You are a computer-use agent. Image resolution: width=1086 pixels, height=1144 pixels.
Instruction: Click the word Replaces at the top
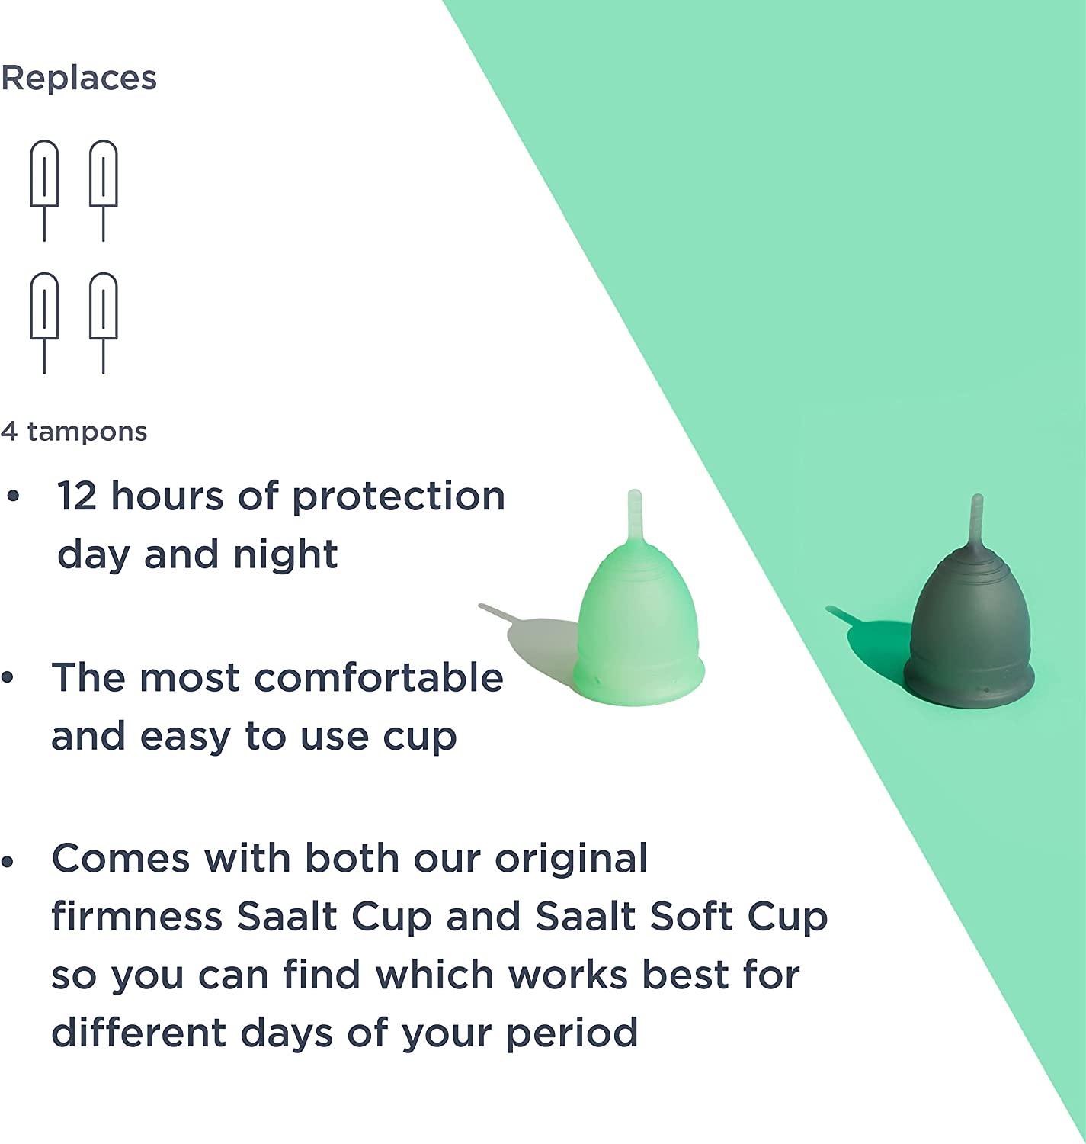pos(79,79)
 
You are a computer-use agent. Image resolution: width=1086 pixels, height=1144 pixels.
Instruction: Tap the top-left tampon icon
pos(45,190)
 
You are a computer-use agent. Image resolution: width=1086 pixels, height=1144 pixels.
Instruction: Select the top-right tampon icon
pos(104,190)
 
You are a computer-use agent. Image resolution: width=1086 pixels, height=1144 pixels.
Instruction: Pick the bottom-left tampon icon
pos(45,323)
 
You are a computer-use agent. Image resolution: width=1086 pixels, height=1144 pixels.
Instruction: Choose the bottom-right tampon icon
pos(104,323)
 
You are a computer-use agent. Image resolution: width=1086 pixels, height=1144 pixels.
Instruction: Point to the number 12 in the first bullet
pos(76,496)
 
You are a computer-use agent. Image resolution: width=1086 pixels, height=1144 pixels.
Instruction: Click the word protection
pos(399,497)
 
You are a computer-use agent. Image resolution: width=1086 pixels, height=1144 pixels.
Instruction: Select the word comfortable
pos(379,677)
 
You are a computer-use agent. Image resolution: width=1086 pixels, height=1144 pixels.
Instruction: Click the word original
pos(571,858)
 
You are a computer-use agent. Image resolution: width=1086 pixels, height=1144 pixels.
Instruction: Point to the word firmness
pos(137,917)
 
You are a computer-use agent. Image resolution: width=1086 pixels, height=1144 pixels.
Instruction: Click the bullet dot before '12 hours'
pos(13,496)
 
